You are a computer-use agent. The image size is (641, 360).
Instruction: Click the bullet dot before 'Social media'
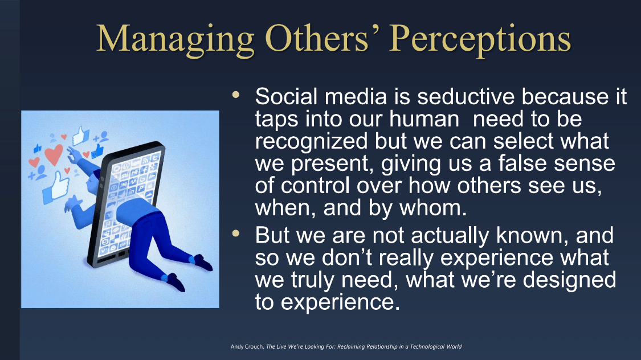click(x=236, y=95)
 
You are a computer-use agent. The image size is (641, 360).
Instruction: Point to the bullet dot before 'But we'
click(x=236, y=234)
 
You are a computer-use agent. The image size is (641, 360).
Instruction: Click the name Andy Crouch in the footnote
click(x=247, y=346)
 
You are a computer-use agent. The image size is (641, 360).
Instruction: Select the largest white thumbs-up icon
click(x=56, y=187)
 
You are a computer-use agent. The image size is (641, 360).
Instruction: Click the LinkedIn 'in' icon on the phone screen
click(x=131, y=191)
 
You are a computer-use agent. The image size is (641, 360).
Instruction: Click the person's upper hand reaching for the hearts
click(x=74, y=155)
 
